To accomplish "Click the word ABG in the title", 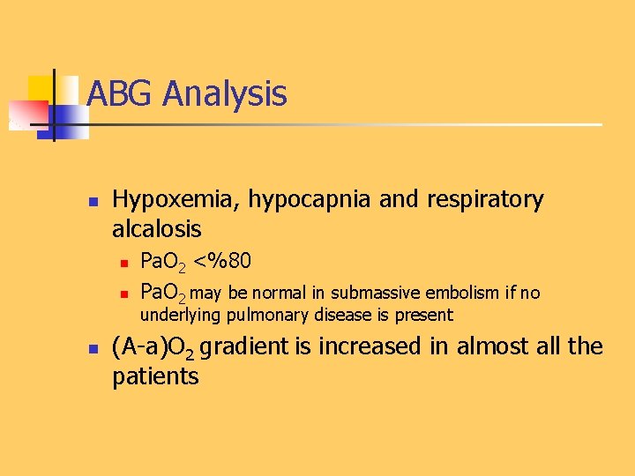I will [x=121, y=93].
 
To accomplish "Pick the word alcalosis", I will [x=157, y=230].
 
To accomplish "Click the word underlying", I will [x=179, y=315].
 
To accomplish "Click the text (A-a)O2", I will [x=153, y=347].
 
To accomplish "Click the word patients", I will [x=155, y=377].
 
